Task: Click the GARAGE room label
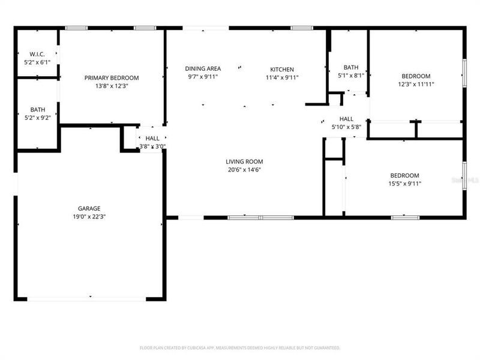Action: (x=89, y=208)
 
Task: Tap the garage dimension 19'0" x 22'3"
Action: (x=89, y=217)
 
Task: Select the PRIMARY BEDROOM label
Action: (x=112, y=77)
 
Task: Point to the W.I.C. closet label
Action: (x=37, y=54)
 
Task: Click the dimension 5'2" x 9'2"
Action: (x=37, y=118)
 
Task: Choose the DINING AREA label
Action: (x=203, y=68)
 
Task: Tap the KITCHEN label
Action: (x=282, y=68)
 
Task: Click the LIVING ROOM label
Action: (x=244, y=161)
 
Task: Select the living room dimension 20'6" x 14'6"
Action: (x=244, y=170)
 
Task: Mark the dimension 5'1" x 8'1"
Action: (x=351, y=76)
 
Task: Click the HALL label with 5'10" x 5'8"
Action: (x=346, y=119)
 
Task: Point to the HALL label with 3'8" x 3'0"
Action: (x=152, y=138)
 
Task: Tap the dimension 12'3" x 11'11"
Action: (x=416, y=84)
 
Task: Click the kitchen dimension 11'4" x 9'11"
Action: (x=282, y=77)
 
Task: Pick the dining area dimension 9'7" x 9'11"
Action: (x=203, y=77)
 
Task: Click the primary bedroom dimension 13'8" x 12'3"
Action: (x=112, y=86)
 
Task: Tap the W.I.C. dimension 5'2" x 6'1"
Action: (x=37, y=62)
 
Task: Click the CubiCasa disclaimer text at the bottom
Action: (x=240, y=347)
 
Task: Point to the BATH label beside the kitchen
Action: (x=351, y=67)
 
